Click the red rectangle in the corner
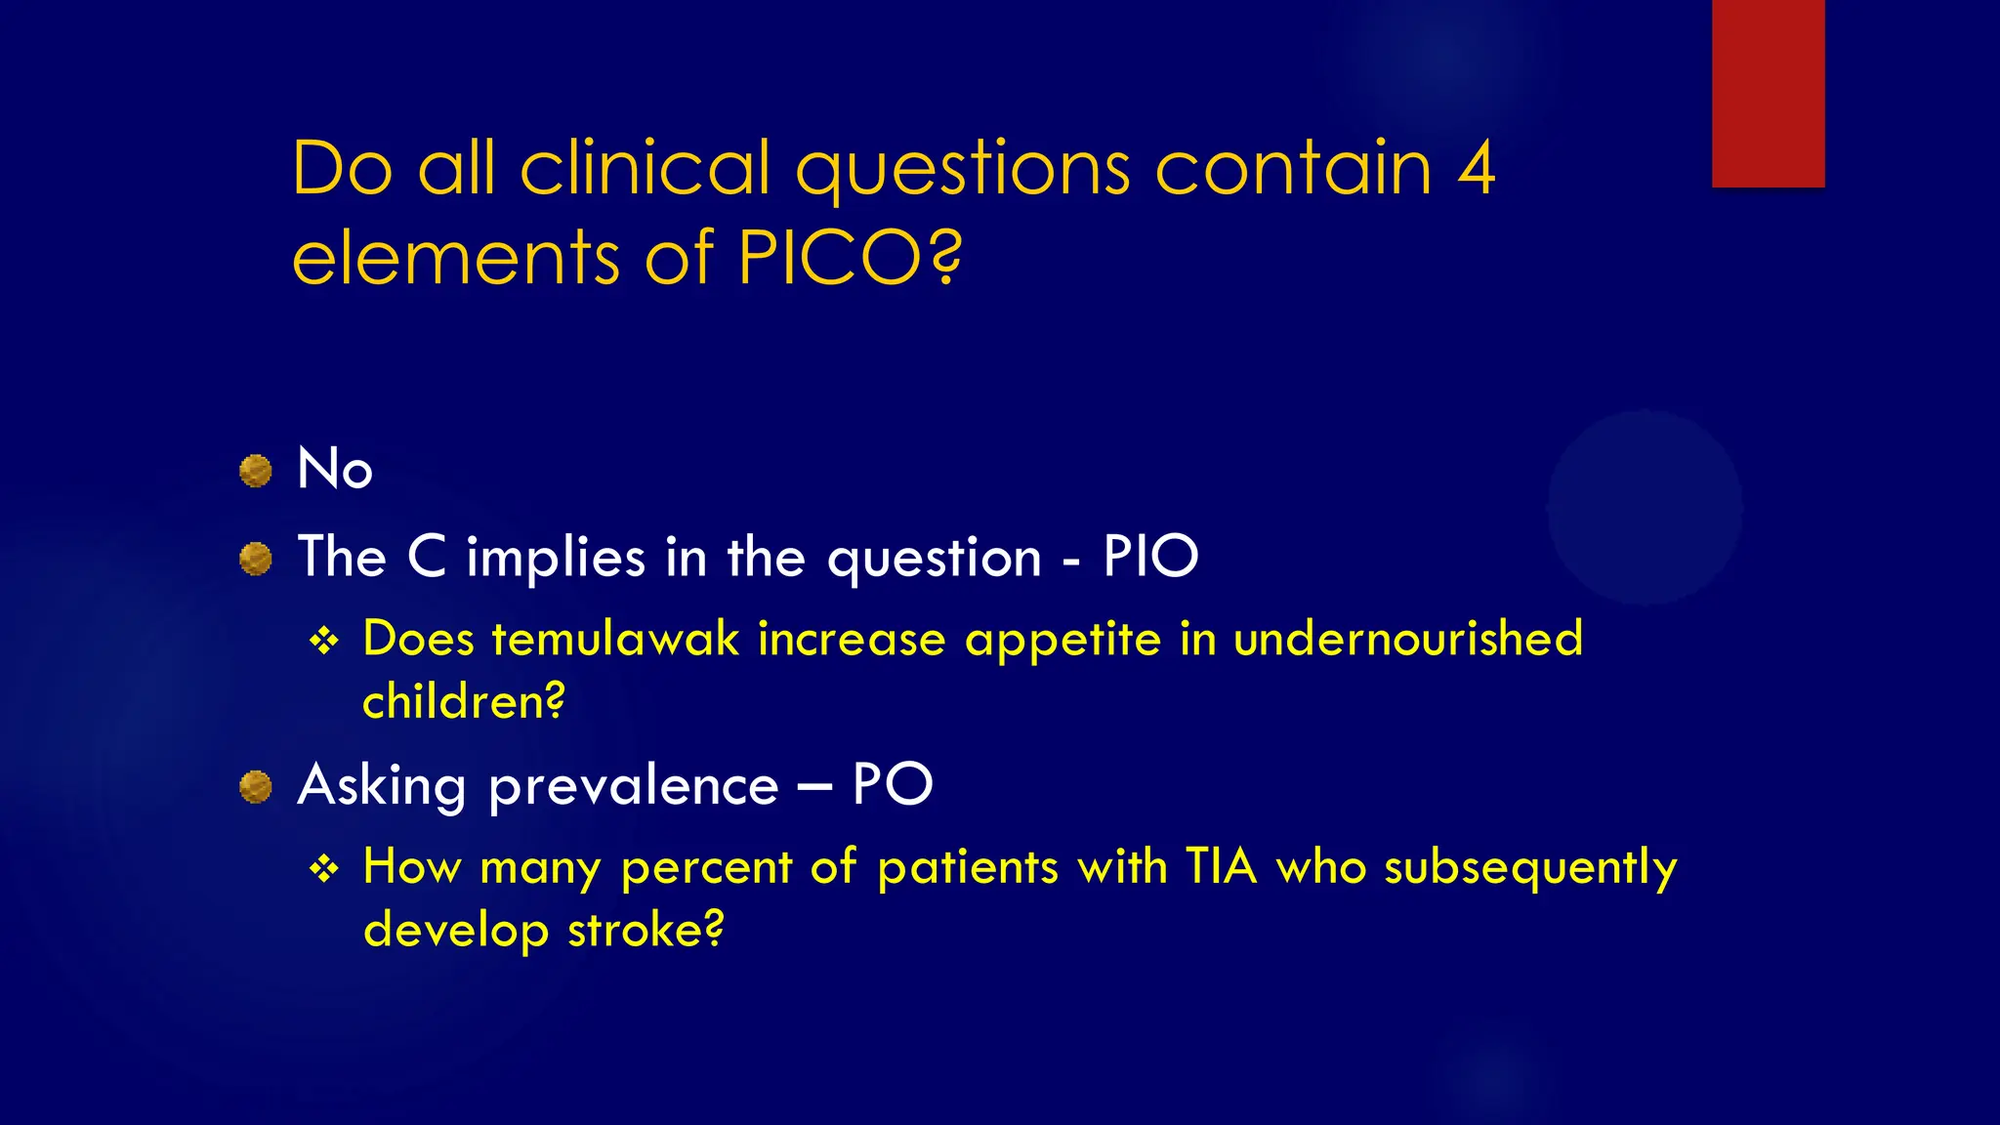coord(1768,93)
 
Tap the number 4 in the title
coord(1476,169)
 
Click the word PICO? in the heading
coord(850,257)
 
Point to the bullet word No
coord(335,469)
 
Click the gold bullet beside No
coord(256,471)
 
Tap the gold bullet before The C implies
coord(256,560)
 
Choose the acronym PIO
coord(1149,557)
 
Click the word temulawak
coord(615,640)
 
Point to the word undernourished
coord(1407,640)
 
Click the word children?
coord(464,701)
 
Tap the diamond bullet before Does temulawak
coord(323,642)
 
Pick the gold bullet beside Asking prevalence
coord(256,786)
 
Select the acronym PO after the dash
coord(893,784)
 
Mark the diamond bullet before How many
coord(323,868)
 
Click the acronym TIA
coord(1221,866)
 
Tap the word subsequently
coord(1530,868)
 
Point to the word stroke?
coord(646,929)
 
